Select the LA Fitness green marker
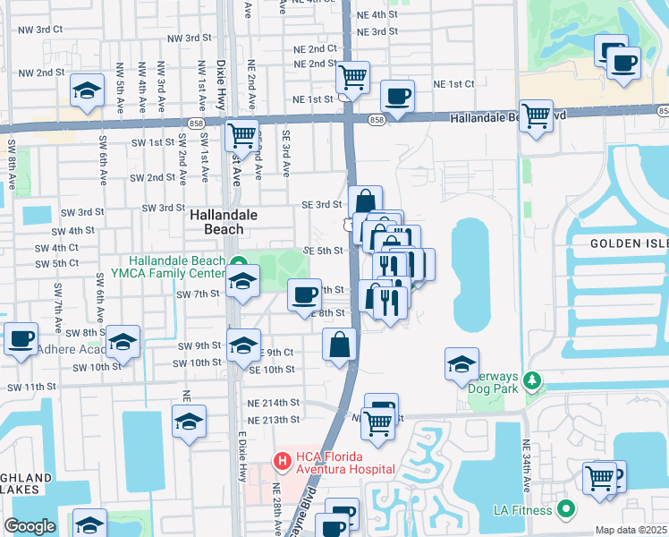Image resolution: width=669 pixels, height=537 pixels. click(565, 510)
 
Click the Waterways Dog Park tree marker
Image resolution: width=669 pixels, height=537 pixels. click(532, 382)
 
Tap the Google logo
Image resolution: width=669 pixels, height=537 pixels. click(30, 526)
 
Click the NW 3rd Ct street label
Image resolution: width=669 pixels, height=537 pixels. click(40, 29)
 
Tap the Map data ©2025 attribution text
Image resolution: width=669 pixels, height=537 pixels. click(631, 530)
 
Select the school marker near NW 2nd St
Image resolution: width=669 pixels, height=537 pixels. click(87, 92)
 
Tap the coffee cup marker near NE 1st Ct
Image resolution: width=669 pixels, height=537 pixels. click(397, 96)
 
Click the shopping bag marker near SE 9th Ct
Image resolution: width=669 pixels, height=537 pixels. click(340, 345)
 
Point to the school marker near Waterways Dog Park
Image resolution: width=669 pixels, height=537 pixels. click(462, 364)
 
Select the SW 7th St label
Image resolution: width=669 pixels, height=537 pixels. click(198, 294)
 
